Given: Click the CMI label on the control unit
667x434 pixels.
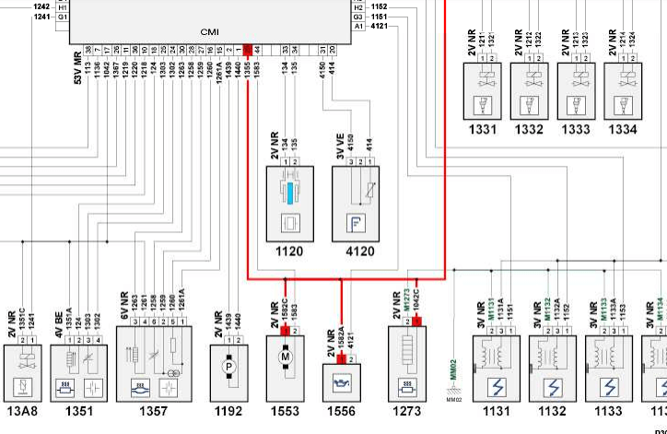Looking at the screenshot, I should (209, 31).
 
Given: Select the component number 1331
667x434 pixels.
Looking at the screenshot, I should (488, 129).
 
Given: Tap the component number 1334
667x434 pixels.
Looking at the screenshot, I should (623, 129).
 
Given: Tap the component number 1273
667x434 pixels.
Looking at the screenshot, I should (407, 411).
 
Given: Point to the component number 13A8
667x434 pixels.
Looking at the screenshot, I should (20, 411).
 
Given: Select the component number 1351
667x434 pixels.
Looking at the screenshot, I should (79, 411).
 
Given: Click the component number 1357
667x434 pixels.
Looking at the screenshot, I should (153, 411).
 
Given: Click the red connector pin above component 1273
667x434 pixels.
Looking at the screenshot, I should (416, 322).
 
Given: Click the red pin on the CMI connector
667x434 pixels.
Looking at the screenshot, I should (248, 49).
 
